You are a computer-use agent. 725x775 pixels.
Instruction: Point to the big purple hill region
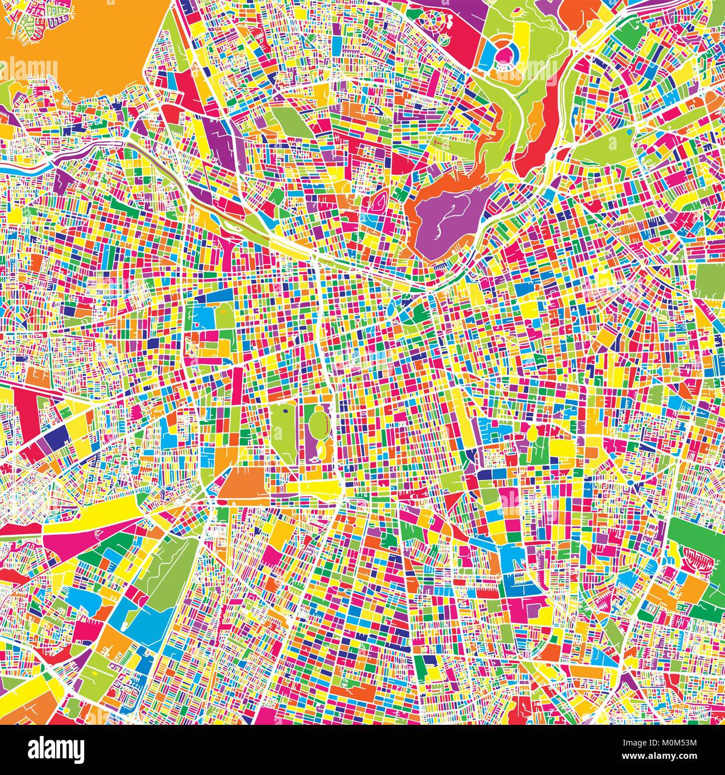click(452, 215)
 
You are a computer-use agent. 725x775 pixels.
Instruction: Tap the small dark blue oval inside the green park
click(286, 411)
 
